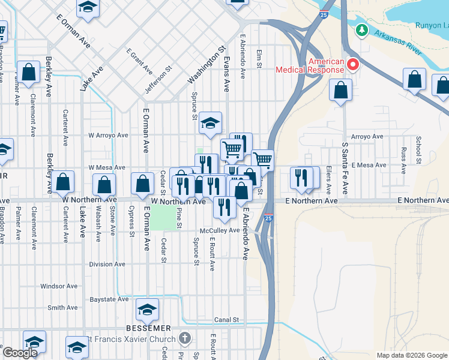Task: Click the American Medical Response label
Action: click(310, 65)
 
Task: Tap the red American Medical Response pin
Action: click(353, 64)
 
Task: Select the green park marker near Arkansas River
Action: click(361, 30)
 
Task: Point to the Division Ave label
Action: click(107, 264)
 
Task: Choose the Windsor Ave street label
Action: click(60, 286)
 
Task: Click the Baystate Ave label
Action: click(109, 299)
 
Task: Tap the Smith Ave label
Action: click(62, 308)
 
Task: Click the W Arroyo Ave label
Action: click(109, 136)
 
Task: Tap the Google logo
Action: click(20, 353)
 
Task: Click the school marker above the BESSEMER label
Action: click(147, 310)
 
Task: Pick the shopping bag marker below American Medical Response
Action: click(340, 91)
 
